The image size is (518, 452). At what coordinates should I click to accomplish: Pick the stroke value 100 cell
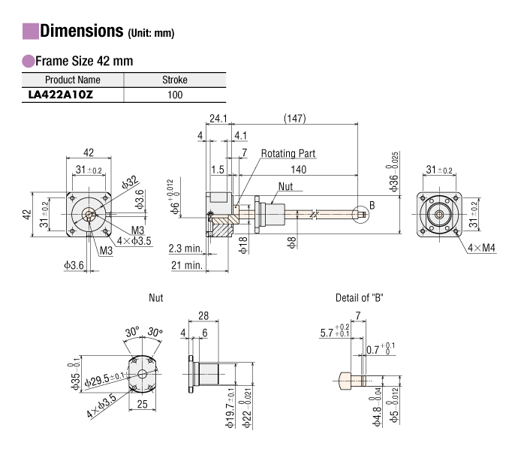pos(175,95)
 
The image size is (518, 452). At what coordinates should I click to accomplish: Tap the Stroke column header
pos(175,80)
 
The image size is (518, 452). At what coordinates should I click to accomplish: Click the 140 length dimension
pos(299,170)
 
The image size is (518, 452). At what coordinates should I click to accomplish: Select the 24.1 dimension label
pos(218,118)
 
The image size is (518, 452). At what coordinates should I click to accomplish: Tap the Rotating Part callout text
pos(288,153)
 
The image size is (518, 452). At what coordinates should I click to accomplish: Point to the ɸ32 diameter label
pos(128,182)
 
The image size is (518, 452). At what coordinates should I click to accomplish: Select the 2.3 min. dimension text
pos(185,249)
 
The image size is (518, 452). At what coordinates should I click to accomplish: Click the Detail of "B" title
pos(358,298)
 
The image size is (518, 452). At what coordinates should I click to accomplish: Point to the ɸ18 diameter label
pos(242,245)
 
